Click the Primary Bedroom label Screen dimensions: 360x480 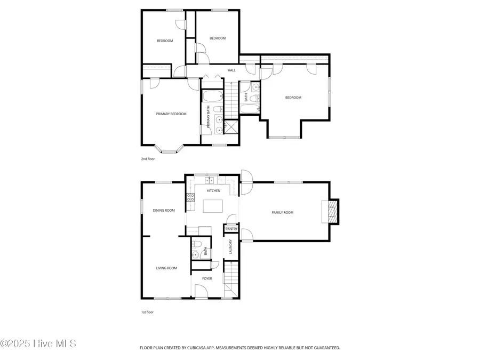click(x=171, y=114)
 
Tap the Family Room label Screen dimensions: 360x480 click(x=282, y=213)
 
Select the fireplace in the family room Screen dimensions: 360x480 click(x=332, y=211)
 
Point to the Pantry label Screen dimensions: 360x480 click(x=231, y=229)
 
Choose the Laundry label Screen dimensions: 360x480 click(x=230, y=246)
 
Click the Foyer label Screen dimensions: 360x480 click(x=207, y=278)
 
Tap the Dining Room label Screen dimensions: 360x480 click(x=164, y=210)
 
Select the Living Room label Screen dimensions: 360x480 click(x=166, y=268)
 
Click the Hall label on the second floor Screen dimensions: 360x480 click(x=231, y=70)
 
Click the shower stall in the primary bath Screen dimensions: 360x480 click(x=232, y=127)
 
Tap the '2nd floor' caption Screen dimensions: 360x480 click(x=148, y=158)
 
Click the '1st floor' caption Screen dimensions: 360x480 click(x=147, y=312)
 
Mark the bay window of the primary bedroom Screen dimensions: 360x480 click(x=169, y=149)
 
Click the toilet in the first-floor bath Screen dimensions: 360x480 click(x=196, y=245)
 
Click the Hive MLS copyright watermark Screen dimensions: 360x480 click(x=38, y=343)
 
